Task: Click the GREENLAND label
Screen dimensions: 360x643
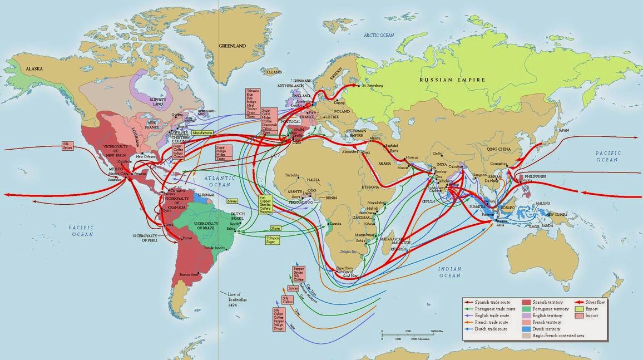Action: coord(232,46)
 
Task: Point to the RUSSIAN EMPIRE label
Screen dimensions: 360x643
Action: coord(452,80)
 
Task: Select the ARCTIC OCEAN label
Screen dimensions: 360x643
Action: coord(379,35)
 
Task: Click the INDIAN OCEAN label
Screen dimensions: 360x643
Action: coord(449,272)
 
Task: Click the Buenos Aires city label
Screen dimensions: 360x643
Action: coord(189,274)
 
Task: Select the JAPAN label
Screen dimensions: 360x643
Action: coord(563,130)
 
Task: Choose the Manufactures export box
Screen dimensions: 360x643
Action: coord(202,133)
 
